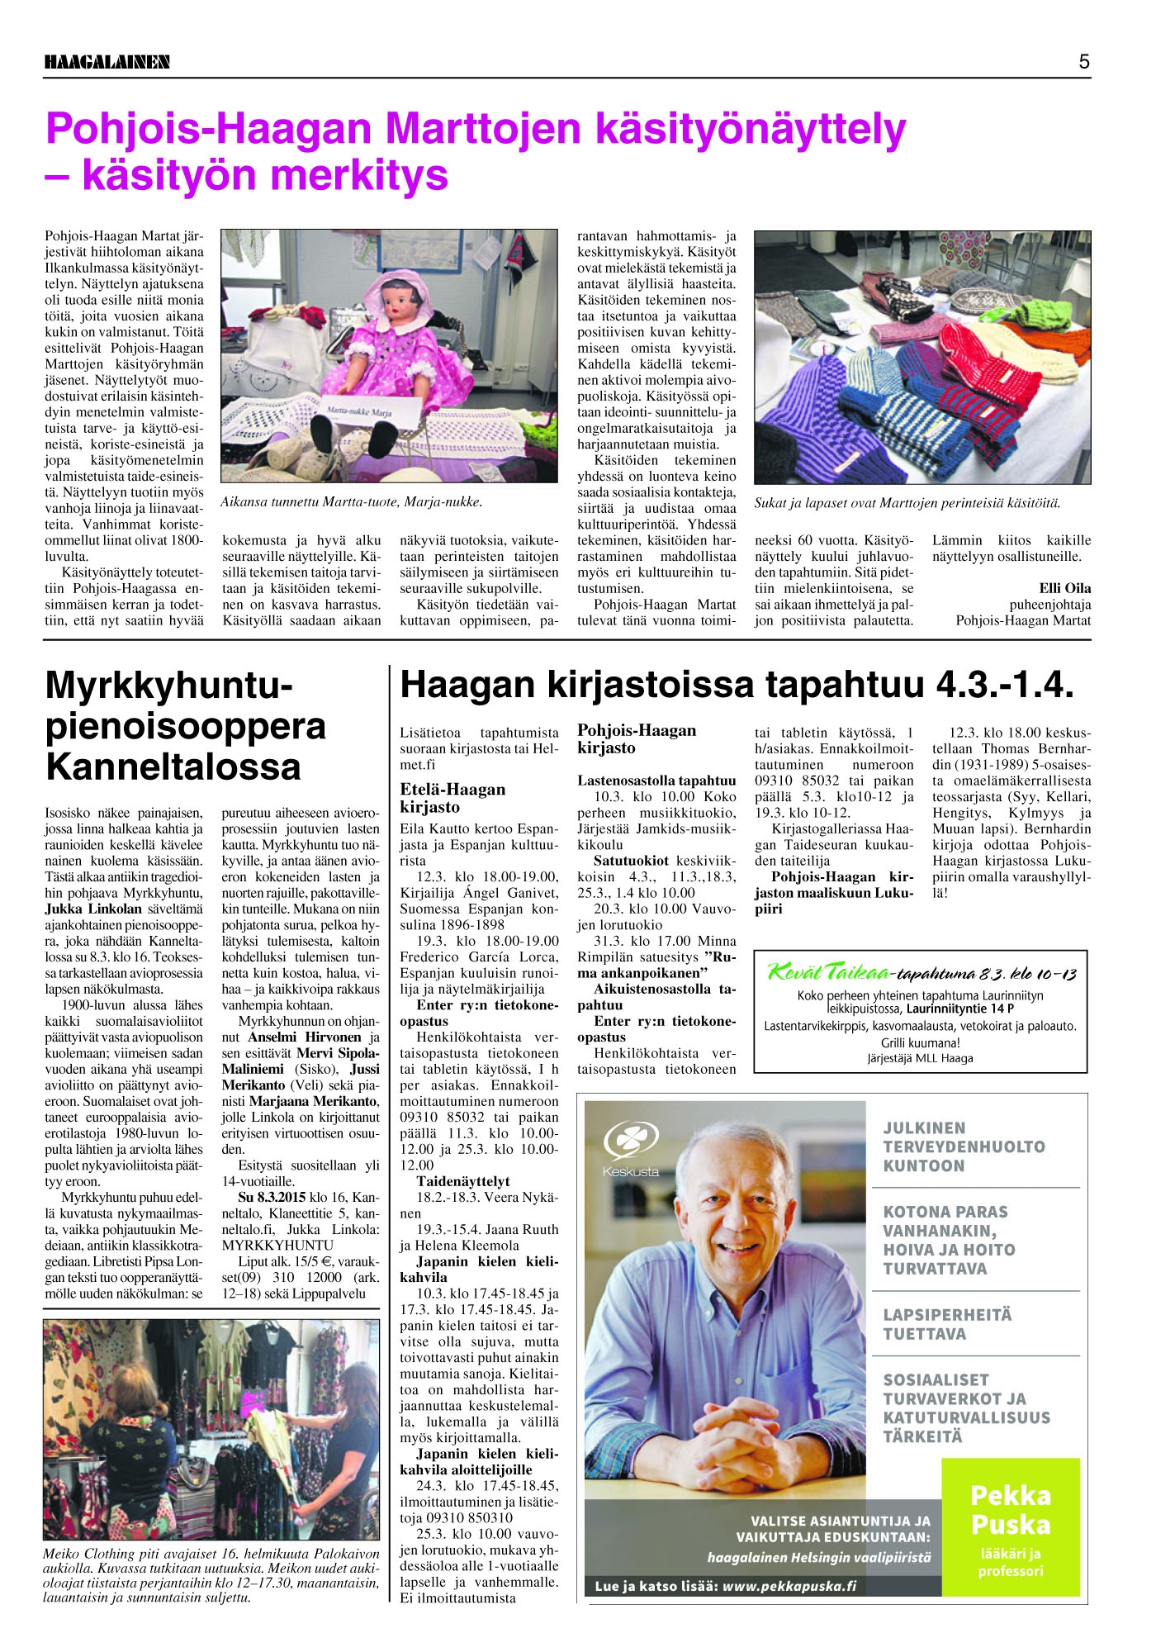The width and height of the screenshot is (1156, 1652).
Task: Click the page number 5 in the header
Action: (x=1083, y=61)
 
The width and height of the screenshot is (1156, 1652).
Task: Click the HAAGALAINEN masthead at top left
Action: (x=107, y=62)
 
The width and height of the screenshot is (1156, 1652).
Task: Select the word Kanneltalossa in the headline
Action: (x=173, y=767)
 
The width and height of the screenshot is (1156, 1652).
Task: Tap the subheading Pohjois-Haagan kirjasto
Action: (x=636, y=738)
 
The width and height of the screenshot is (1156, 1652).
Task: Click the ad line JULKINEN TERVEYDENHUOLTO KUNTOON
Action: (x=964, y=1146)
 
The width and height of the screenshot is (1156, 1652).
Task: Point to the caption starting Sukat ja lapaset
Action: (x=907, y=503)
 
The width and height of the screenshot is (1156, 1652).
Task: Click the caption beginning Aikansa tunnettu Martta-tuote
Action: (x=351, y=502)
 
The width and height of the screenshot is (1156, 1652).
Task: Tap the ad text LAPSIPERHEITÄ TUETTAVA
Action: (x=947, y=1324)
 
